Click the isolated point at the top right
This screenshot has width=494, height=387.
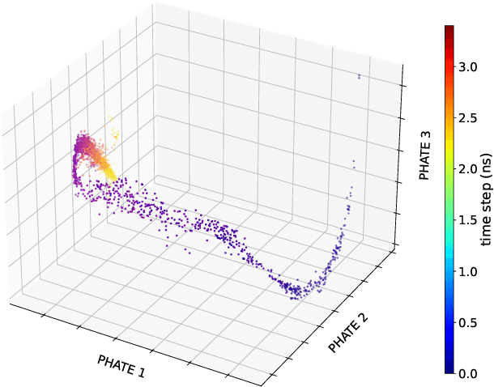359,77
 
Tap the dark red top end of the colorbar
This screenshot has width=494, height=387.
448,28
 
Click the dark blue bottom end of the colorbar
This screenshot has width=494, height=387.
448,371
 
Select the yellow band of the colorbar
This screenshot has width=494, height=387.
448,166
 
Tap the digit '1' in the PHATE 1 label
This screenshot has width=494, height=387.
142,372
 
